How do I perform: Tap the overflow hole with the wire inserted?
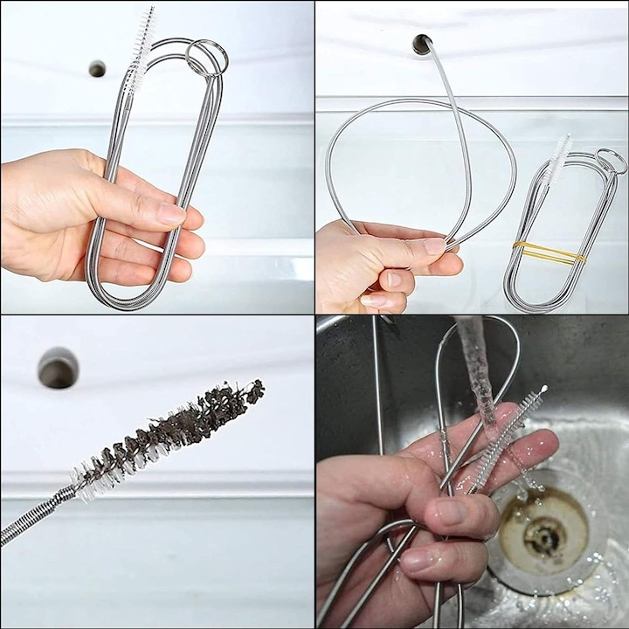(x=423, y=44)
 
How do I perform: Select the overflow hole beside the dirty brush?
(x=58, y=368)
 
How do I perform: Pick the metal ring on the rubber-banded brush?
(x=611, y=160)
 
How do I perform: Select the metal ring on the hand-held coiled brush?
(x=206, y=57)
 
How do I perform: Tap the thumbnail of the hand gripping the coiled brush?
(x=170, y=214)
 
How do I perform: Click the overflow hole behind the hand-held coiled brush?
(x=97, y=68)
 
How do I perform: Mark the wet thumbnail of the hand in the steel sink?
(x=451, y=511)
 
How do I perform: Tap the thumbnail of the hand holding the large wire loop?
(x=434, y=245)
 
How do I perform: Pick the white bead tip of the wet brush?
(x=544, y=389)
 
